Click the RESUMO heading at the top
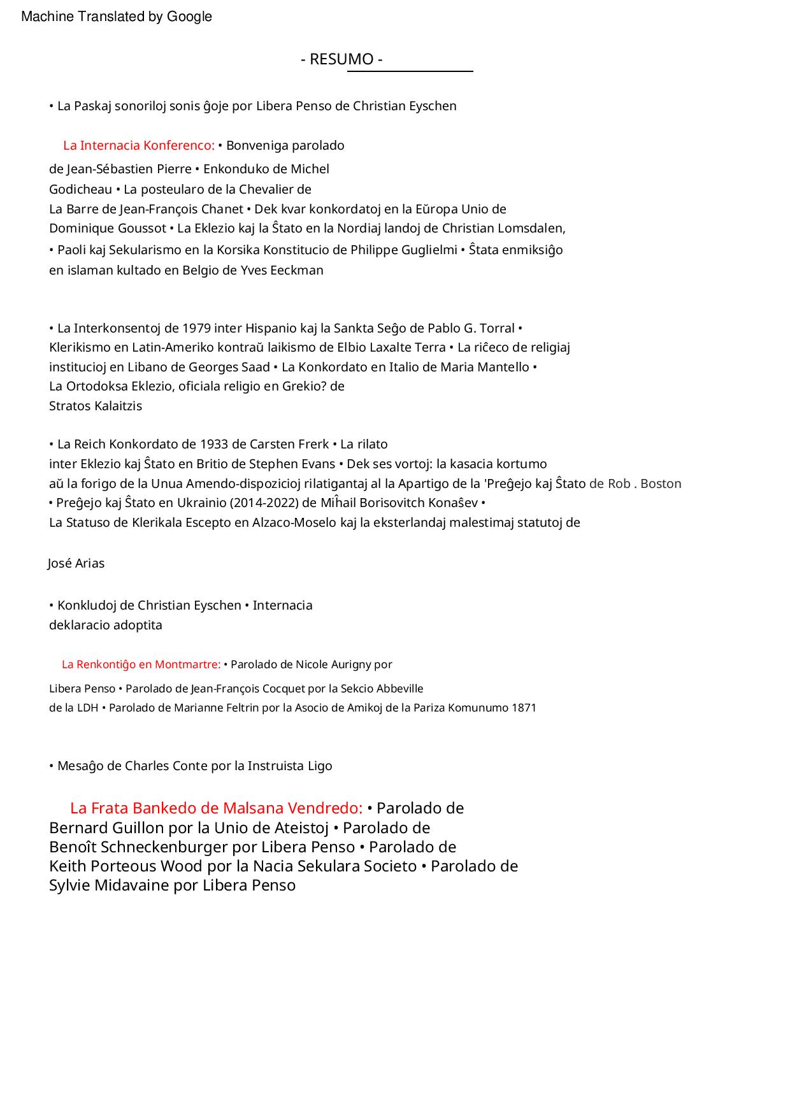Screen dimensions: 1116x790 (341, 59)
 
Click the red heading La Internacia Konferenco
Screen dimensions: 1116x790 (138, 145)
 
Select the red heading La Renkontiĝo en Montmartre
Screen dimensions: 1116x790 (141, 664)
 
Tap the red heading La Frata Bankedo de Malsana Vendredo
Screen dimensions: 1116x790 (216, 808)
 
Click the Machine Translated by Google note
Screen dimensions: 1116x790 (117, 17)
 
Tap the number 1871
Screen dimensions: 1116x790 (524, 708)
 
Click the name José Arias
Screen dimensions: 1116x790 (76, 563)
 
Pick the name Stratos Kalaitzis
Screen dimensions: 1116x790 (96, 406)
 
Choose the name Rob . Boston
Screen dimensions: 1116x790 (644, 483)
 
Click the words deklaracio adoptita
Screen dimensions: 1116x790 (106, 625)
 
